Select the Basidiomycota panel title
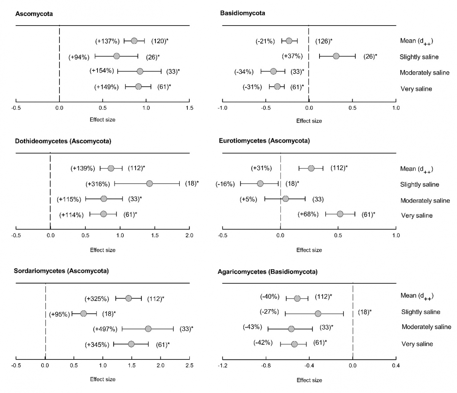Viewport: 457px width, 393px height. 243,13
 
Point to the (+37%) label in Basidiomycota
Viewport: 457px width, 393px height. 292,56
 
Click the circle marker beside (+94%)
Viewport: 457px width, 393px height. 117,56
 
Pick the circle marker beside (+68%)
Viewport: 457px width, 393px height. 340,214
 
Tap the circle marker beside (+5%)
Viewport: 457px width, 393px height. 286,198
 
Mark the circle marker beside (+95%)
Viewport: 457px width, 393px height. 83,313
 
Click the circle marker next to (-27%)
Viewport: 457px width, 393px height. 318,313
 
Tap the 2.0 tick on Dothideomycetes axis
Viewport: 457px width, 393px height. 189,236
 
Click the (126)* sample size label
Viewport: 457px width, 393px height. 324,41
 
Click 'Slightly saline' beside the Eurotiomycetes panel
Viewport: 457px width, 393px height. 419,185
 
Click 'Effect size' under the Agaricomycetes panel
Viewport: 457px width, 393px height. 309,380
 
